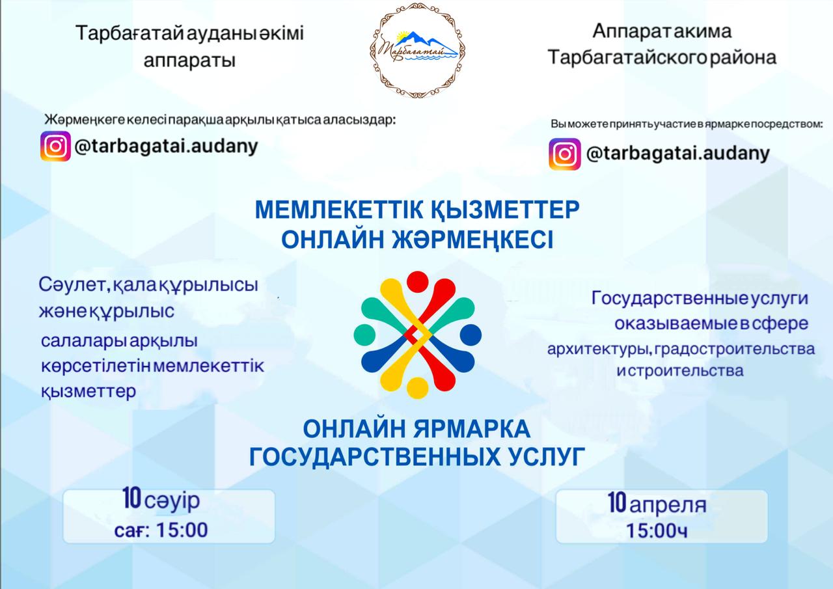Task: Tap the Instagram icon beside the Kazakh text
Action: coord(56,146)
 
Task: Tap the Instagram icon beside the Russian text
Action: coord(564,154)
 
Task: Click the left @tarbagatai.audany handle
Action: coord(167,146)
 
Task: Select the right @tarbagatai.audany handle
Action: coord(677,154)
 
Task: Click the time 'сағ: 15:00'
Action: coord(161,530)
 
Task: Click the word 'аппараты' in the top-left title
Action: coord(189,61)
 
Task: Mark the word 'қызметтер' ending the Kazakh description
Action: coord(89,392)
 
